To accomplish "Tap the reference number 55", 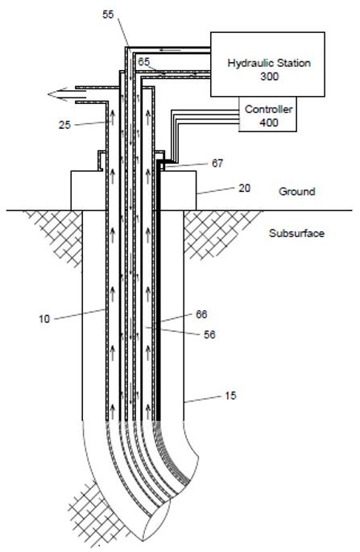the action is [109, 15].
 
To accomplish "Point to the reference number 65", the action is [143, 62].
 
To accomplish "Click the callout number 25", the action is [64, 125].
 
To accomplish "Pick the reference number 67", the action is [217, 164].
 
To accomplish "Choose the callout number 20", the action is [244, 189].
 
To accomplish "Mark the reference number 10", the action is [44, 319].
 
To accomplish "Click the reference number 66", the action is [201, 314].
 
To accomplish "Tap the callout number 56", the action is [209, 334].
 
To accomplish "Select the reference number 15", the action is [230, 396].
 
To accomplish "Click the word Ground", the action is [296, 192].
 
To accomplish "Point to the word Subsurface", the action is [296, 233].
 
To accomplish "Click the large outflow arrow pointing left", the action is [67, 94].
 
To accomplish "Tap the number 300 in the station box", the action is [269, 77].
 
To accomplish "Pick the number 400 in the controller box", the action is [269, 122].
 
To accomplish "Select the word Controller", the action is [268, 109].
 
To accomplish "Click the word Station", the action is [294, 63].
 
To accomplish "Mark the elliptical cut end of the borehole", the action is [156, 520].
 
